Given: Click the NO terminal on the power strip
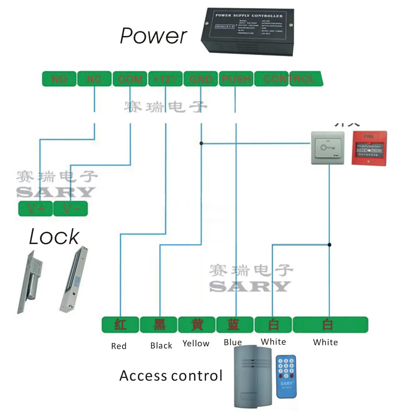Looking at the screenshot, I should click(x=59, y=79).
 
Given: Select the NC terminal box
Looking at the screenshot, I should click(x=94, y=79).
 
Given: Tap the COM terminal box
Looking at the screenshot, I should click(x=130, y=79).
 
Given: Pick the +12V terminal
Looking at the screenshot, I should click(x=165, y=79).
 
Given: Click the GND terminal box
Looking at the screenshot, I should click(x=201, y=79).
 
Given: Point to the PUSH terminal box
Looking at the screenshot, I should click(x=236, y=79).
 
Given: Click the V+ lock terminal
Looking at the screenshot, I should click(x=35, y=209).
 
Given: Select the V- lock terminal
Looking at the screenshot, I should click(x=71, y=209).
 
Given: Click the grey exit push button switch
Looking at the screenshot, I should click(x=328, y=148).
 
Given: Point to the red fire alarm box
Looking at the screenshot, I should click(x=369, y=148).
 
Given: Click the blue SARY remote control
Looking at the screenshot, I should click(x=286, y=377).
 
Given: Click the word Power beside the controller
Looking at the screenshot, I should click(x=153, y=36).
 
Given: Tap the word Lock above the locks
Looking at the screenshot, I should click(x=54, y=237).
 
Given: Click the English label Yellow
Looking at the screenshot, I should click(x=196, y=344).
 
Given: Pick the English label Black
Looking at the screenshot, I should click(x=161, y=346).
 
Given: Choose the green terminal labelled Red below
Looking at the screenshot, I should click(x=120, y=325).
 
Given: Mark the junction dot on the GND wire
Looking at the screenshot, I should click(x=201, y=143).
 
